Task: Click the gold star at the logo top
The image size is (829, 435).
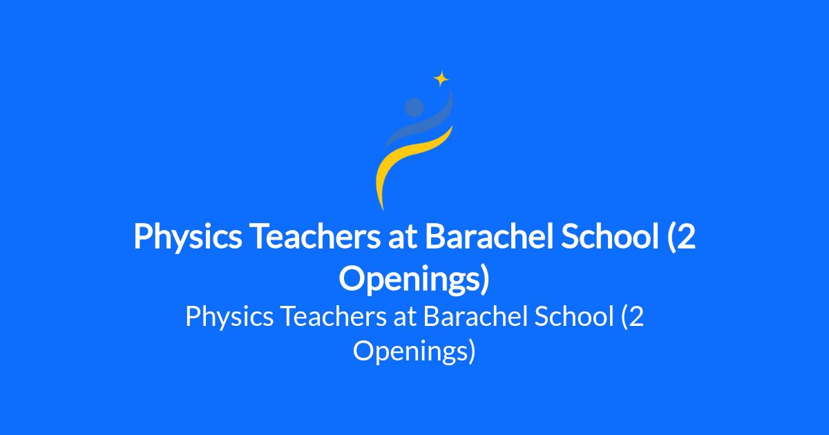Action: coord(441,79)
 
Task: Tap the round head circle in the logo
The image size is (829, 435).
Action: coord(414,107)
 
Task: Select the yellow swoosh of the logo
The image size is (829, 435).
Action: coord(407,163)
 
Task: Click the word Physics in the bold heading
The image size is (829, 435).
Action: coord(188,238)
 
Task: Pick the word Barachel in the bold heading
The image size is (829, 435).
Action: coord(489,236)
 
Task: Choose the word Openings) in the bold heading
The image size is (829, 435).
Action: coord(414,280)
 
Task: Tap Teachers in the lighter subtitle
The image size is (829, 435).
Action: coord(333,317)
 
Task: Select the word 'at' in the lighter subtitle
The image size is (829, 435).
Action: coord(405,318)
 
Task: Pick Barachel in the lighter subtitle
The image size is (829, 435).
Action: coord(475,316)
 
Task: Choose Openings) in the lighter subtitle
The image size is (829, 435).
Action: coord(414,351)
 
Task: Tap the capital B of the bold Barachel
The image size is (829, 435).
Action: coord(435,236)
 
